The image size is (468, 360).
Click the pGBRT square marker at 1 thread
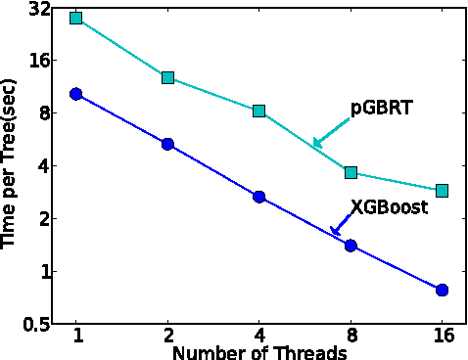(x=76, y=19)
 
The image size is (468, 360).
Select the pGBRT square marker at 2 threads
(x=167, y=77)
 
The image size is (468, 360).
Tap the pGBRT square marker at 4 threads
(x=259, y=111)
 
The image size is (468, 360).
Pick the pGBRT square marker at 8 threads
(x=351, y=172)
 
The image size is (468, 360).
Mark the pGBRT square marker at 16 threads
(x=442, y=190)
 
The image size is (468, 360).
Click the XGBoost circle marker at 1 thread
(x=76, y=94)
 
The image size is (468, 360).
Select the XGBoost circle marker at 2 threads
(x=167, y=144)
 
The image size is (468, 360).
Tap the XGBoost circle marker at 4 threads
(x=259, y=197)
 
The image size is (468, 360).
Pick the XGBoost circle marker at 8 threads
(x=351, y=246)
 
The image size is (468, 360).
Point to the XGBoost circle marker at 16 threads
(x=442, y=290)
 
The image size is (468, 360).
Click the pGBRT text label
(x=382, y=109)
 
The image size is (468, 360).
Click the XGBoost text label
(x=390, y=207)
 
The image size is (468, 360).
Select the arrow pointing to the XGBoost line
(x=342, y=226)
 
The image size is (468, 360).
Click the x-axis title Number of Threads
(x=258, y=351)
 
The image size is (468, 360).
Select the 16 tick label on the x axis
(x=442, y=337)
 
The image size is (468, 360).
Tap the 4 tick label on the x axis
(x=259, y=337)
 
